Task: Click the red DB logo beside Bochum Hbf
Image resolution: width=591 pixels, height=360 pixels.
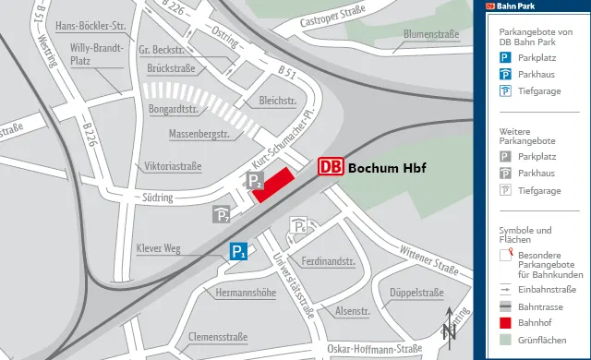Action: pyautogui.click(x=331, y=167)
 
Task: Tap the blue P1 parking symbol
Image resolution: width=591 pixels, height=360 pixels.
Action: pyautogui.click(x=238, y=250)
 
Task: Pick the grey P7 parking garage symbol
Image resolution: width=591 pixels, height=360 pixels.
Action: pyautogui.click(x=222, y=215)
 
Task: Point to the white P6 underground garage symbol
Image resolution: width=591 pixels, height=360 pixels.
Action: pyautogui.click(x=299, y=225)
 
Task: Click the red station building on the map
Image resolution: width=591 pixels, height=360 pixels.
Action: pyautogui.click(x=273, y=185)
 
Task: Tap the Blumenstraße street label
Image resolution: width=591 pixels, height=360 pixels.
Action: pyautogui.click(x=431, y=36)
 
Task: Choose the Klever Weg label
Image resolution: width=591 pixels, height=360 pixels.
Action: pyautogui.click(x=158, y=248)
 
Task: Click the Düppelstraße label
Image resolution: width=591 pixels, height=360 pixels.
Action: pyautogui.click(x=416, y=293)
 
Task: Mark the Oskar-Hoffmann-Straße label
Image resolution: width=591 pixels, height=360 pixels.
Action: pyautogui.click(x=374, y=348)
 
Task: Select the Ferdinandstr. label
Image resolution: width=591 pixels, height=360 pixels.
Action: pyautogui.click(x=322, y=261)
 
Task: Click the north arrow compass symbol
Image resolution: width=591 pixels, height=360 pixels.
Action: pyautogui.click(x=449, y=327)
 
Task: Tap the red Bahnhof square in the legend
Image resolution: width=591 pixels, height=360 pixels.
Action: pyautogui.click(x=505, y=323)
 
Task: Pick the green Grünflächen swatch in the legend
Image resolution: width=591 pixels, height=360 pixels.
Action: pyautogui.click(x=505, y=340)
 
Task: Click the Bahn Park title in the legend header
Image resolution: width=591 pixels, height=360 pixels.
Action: pyautogui.click(x=516, y=6)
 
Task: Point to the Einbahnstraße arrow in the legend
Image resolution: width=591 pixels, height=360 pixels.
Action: pyautogui.click(x=505, y=289)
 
